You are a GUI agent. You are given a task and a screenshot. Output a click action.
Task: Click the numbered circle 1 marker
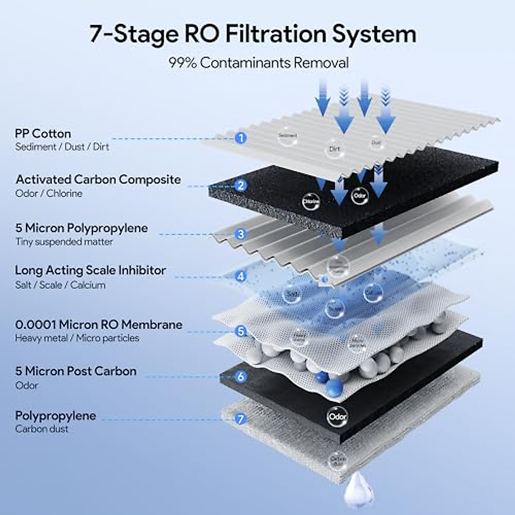point(241,138)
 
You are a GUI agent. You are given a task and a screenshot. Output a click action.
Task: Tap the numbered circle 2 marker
point(241,185)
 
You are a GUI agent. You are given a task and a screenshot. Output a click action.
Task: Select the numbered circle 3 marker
point(241,234)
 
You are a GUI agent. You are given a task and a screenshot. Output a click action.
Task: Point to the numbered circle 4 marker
point(241,276)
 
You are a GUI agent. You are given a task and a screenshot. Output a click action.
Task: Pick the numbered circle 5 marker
point(241,331)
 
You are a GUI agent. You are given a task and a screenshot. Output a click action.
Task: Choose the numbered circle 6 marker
point(241,376)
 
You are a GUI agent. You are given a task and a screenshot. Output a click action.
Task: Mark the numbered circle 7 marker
point(241,418)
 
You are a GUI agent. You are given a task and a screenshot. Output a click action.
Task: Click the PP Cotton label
point(43,133)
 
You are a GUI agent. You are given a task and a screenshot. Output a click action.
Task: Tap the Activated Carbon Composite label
point(98,179)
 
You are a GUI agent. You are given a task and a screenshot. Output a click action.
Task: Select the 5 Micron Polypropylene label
point(82,228)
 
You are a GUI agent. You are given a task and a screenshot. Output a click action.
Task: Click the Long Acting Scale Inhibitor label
point(90,270)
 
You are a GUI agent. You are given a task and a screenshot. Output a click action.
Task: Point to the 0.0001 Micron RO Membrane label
point(99,324)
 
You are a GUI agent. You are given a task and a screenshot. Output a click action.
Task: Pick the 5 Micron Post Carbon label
point(76,371)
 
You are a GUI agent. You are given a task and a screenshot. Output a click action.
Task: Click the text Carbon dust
point(42,429)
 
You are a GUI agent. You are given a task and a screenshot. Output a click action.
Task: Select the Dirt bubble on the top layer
point(334,148)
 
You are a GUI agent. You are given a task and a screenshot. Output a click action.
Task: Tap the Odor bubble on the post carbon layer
point(337,416)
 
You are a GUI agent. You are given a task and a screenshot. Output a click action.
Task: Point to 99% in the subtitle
point(182,63)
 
